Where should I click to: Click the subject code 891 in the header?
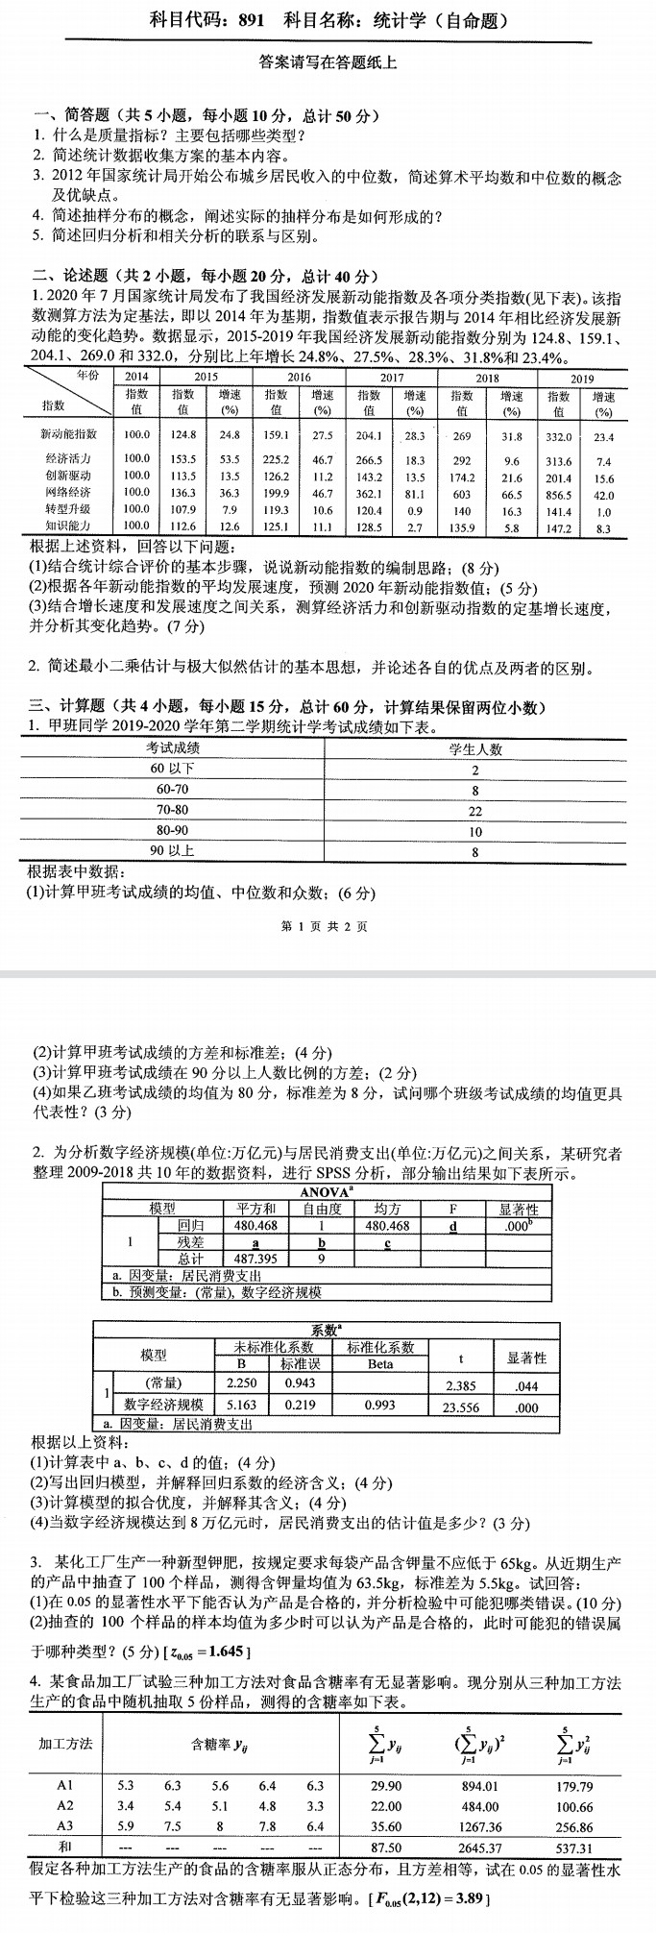[248, 19]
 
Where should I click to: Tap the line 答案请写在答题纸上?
[328, 63]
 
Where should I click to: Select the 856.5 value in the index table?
[558, 494]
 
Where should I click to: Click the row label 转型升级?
[68, 509]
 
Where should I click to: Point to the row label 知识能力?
[68, 526]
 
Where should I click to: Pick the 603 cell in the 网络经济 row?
[462, 494]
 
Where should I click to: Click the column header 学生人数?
[475, 749]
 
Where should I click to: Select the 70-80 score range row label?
[173, 810]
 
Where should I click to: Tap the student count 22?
[475, 811]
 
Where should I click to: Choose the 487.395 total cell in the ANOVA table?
[255, 1258]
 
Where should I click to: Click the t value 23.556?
[461, 1407]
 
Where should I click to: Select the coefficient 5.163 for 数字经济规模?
[241, 1406]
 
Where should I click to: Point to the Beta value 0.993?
[379, 1406]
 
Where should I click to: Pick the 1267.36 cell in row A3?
[479, 1826]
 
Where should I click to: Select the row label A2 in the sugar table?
[65, 1806]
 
